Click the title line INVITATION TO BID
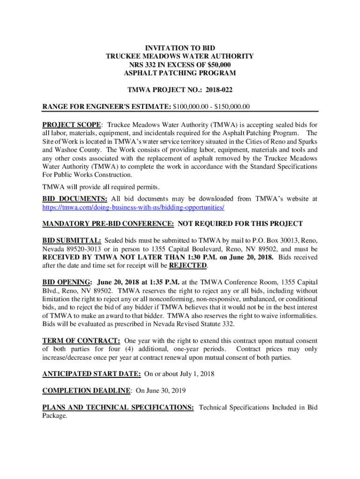tap(180, 48)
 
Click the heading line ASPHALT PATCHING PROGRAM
tap(180, 73)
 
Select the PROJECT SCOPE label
tap(72, 125)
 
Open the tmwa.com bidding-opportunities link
tap(133, 207)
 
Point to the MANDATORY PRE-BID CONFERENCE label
tap(108, 224)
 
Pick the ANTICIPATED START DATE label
tap(92, 374)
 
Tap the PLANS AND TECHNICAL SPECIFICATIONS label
tap(118, 407)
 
